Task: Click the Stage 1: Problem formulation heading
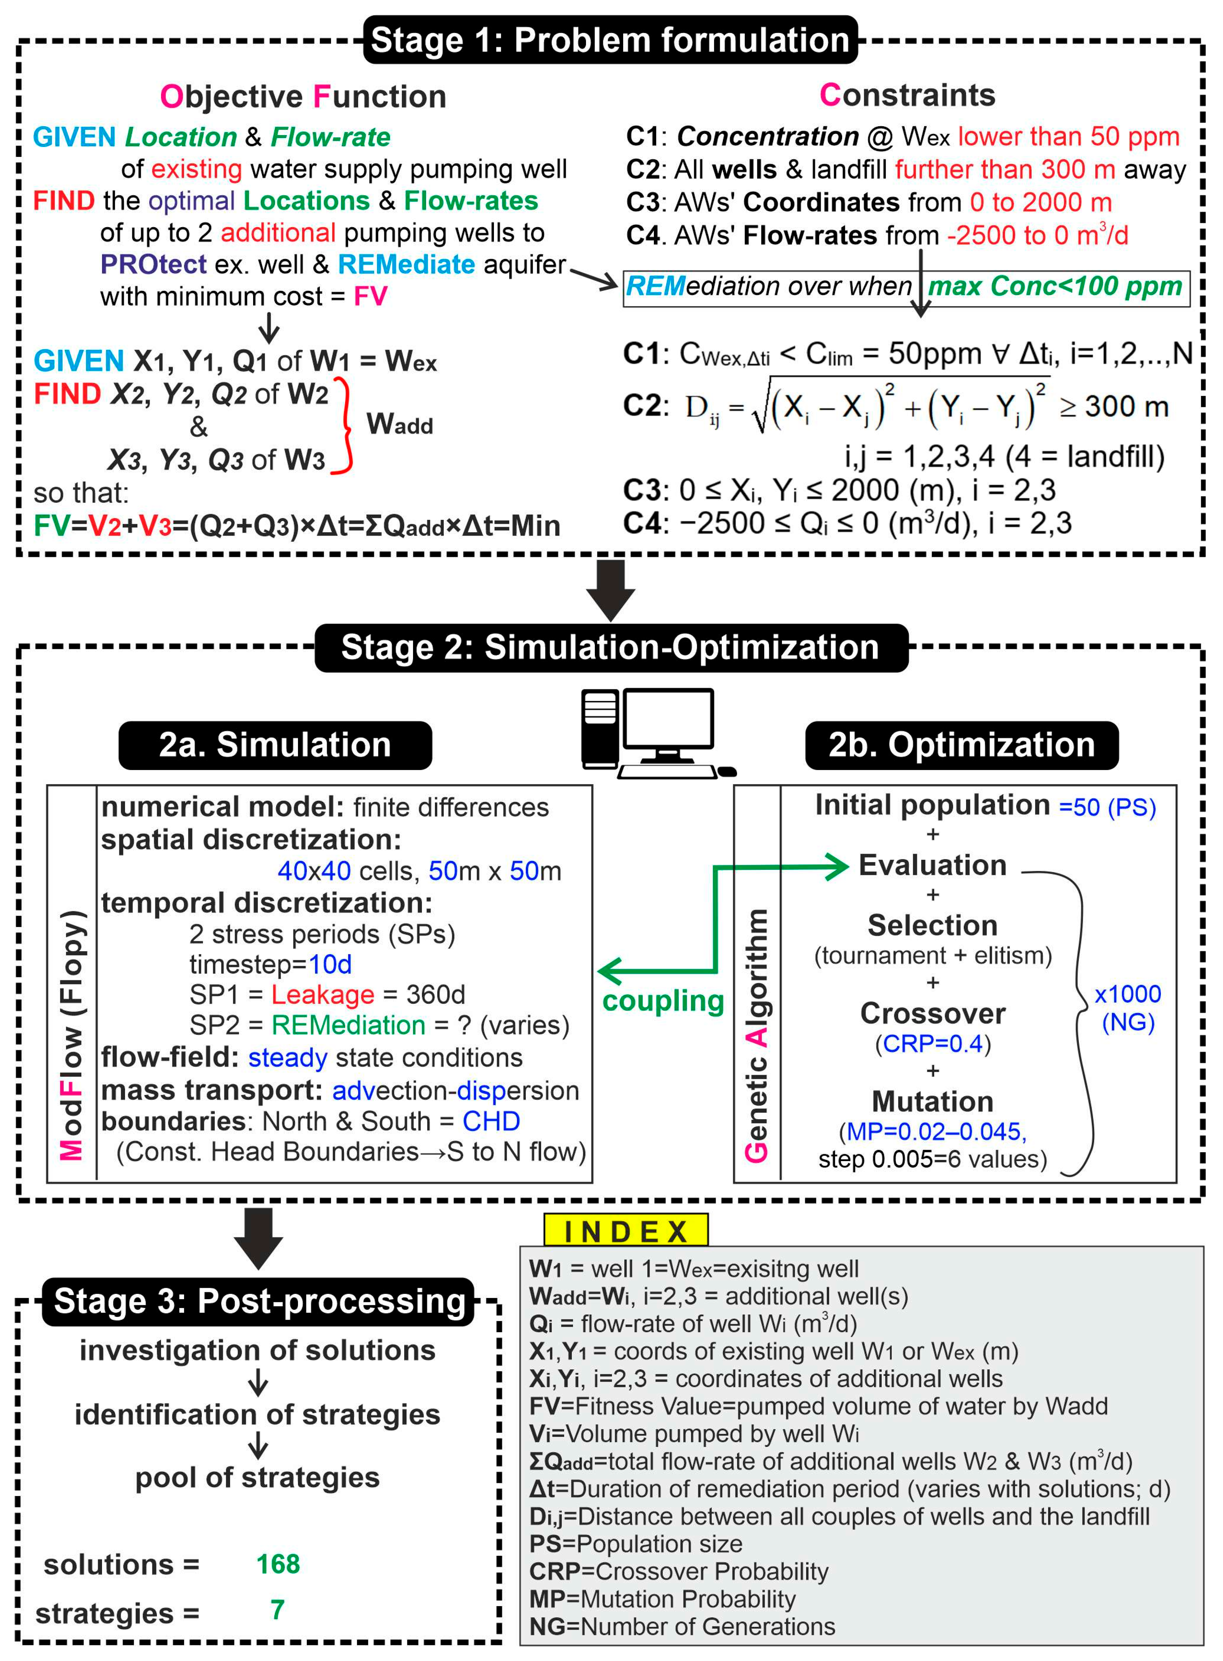pos(610,40)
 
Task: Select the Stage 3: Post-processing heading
pos(258,1301)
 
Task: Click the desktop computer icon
pos(655,733)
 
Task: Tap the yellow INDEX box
pos(625,1232)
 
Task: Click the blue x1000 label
pos(1128,994)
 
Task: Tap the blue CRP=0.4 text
pos(932,1043)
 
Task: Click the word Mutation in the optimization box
pos(932,1101)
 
